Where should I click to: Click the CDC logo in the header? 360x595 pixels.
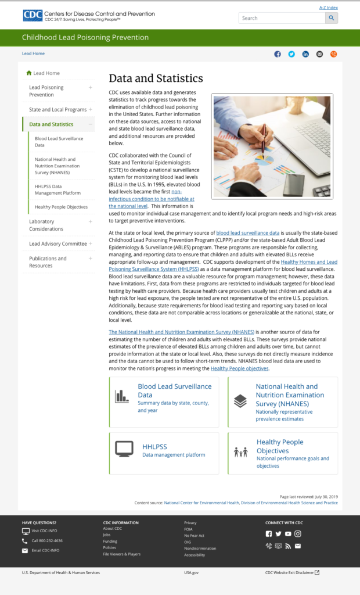pos(33,15)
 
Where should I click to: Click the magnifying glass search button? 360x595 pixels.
pos(331,18)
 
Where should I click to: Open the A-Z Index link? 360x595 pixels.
pos(329,8)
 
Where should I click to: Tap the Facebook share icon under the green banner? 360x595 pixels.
pos(278,54)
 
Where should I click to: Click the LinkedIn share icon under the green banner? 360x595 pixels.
pos(305,54)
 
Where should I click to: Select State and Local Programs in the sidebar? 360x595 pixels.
pos(57,109)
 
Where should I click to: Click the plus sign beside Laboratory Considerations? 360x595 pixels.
pos(91,221)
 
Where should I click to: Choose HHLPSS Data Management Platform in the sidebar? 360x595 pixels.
pos(57,189)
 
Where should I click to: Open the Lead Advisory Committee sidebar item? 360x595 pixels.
pos(57,243)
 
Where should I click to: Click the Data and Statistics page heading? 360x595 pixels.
pos(156,78)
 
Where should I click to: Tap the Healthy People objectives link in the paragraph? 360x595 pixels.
pos(239,368)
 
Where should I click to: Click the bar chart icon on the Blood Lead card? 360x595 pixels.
pos(122,396)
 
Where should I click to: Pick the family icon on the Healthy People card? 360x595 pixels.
pos(240,452)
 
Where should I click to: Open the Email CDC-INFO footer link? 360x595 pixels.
pos(45,550)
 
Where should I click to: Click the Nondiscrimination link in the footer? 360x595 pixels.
pos(200,548)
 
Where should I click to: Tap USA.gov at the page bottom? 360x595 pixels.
pos(191,572)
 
